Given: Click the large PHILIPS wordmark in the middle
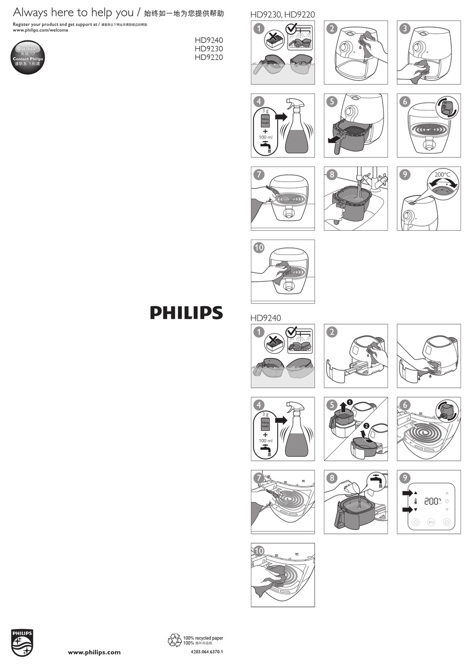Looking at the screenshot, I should coord(186,313).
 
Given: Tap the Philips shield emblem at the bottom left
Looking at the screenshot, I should coord(22,642).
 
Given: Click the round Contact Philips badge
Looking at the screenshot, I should coord(28,58).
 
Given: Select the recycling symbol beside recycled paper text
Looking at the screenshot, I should coord(175,640).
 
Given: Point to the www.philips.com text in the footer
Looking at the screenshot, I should coord(94,652).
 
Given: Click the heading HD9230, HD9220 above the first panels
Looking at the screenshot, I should coord(282,15).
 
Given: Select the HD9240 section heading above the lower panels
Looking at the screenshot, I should coord(265,318).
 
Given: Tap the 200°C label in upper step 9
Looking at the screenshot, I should coord(442,174).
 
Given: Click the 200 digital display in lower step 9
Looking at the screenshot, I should coord(431,501).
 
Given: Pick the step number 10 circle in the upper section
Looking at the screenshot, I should coord(259,248).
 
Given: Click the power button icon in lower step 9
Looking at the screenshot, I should coord(447,522).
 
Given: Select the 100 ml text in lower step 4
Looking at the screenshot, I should coord(265,441).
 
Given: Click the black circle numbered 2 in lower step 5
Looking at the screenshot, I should coord(366,425).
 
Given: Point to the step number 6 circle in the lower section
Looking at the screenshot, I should coord(405,405).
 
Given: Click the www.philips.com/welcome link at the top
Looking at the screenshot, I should coord(40,30).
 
